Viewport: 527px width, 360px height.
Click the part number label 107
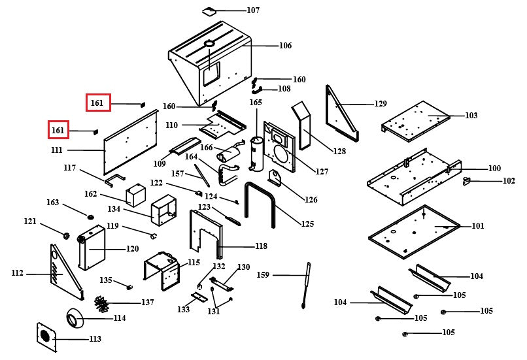tap(252, 10)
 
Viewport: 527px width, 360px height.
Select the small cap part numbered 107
tap(209, 10)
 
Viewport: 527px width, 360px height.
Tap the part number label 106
tap(285, 46)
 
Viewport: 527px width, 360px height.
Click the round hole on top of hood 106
tap(210, 44)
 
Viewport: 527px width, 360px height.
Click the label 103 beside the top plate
tap(471, 116)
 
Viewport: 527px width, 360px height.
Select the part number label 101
tap(478, 226)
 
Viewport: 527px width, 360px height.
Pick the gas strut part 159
tap(305, 285)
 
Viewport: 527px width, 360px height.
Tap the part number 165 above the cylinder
tap(255, 103)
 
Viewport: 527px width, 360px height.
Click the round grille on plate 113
tap(45, 335)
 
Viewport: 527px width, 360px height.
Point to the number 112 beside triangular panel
tap(17, 273)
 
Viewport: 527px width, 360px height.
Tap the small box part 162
tap(135, 196)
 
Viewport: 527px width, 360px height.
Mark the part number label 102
tap(508, 181)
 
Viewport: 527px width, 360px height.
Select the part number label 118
tap(261, 246)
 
